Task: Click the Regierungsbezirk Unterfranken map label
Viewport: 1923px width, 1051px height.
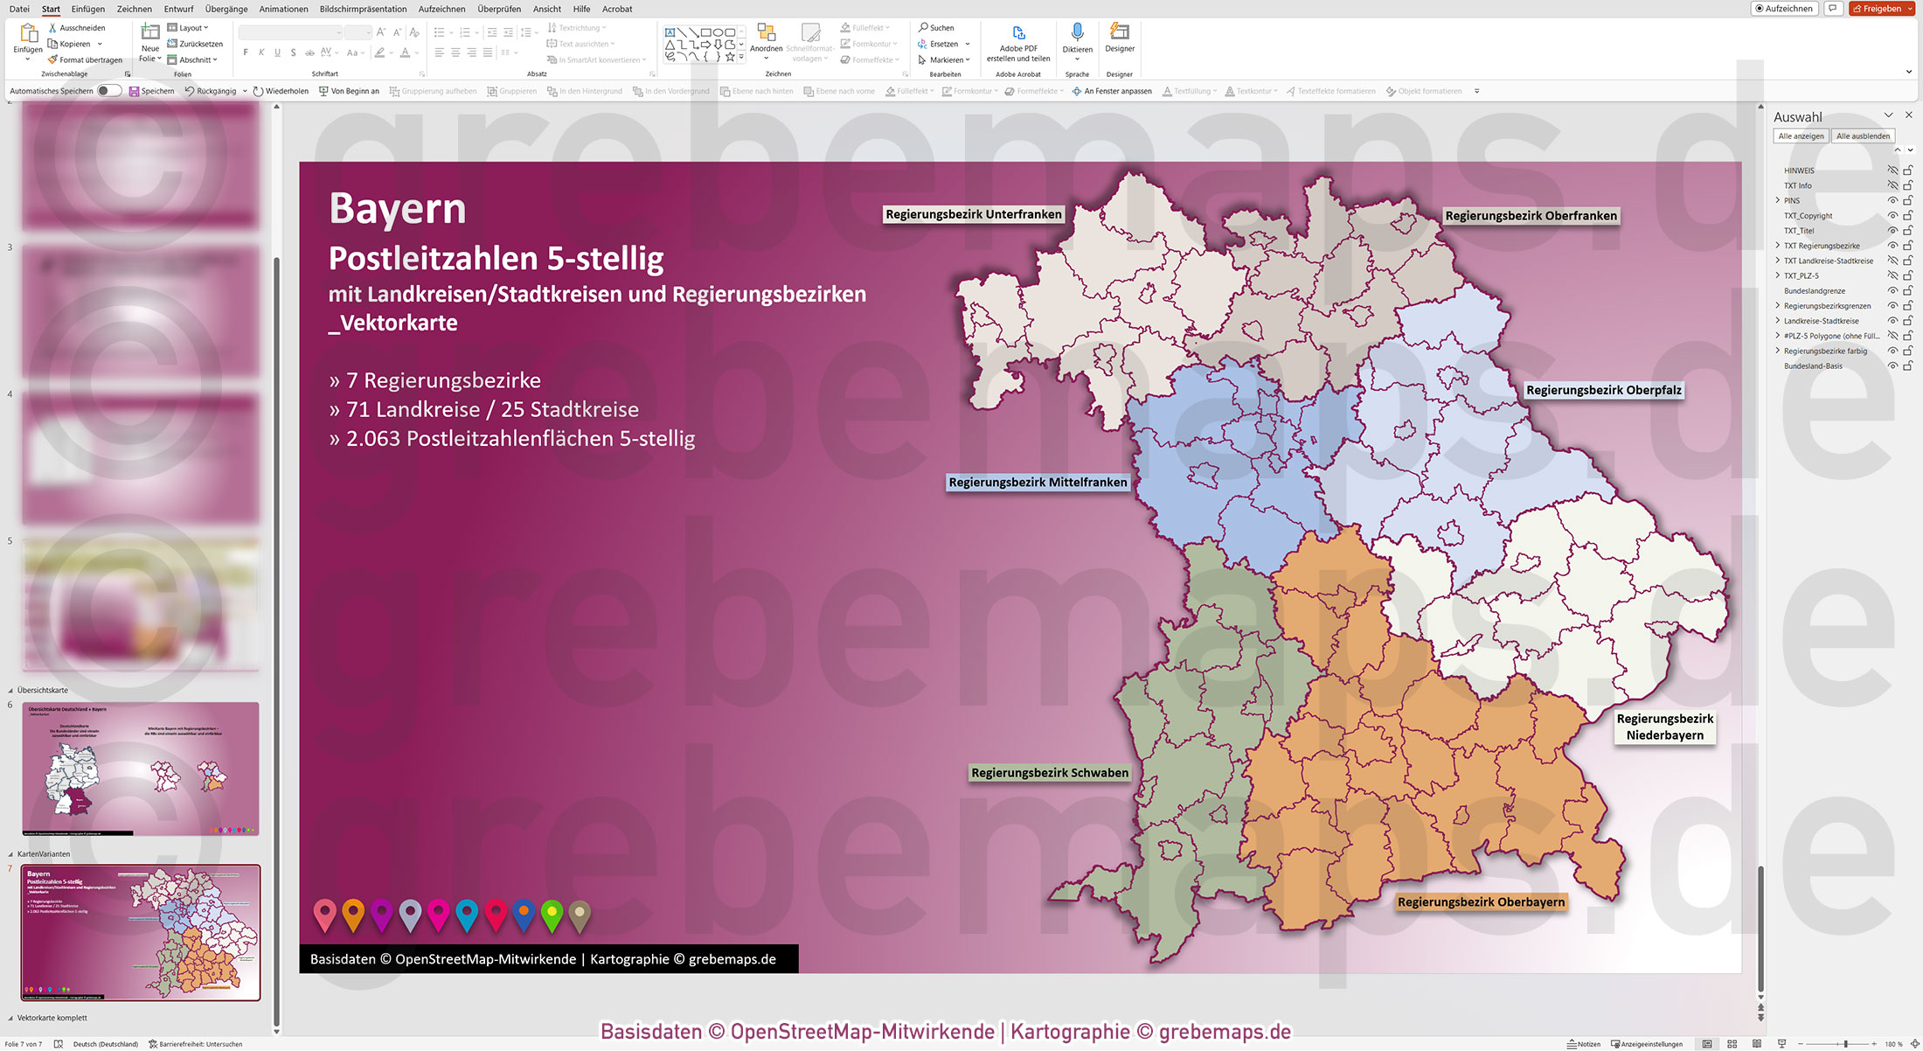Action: (973, 214)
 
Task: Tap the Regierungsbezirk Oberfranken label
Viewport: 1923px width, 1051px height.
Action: (1531, 216)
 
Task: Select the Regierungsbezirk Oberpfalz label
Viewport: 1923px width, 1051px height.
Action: (1603, 390)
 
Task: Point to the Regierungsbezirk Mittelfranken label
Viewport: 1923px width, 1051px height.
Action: (1038, 482)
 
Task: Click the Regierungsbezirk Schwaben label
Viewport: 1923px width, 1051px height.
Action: (1049, 773)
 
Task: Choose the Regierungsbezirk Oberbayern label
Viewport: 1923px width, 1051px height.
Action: (1481, 901)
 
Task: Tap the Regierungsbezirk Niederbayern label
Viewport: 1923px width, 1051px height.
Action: (1664, 727)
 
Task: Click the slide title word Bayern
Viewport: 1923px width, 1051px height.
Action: (398, 208)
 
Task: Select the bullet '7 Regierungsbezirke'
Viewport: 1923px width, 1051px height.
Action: (435, 380)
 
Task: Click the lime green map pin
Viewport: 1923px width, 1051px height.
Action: (552, 913)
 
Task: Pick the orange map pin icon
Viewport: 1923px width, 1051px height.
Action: (353, 913)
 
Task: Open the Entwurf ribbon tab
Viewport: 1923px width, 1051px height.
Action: (178, 9)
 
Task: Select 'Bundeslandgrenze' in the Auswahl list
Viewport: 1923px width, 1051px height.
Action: (1815, 291)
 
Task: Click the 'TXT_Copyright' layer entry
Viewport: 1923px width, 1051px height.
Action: (1808, 216)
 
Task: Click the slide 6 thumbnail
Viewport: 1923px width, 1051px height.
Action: (141, 769)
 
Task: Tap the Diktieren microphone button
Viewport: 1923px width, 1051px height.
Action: (1077, 38)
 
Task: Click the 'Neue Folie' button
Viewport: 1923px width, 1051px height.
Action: (149, 43)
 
